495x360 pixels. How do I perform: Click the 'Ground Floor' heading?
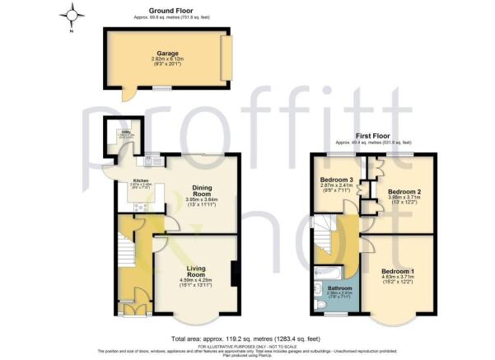point(166,10)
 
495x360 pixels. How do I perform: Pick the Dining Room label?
point(198,189)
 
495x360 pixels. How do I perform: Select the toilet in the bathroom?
point(320,304)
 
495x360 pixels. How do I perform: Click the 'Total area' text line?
point(245,338)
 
